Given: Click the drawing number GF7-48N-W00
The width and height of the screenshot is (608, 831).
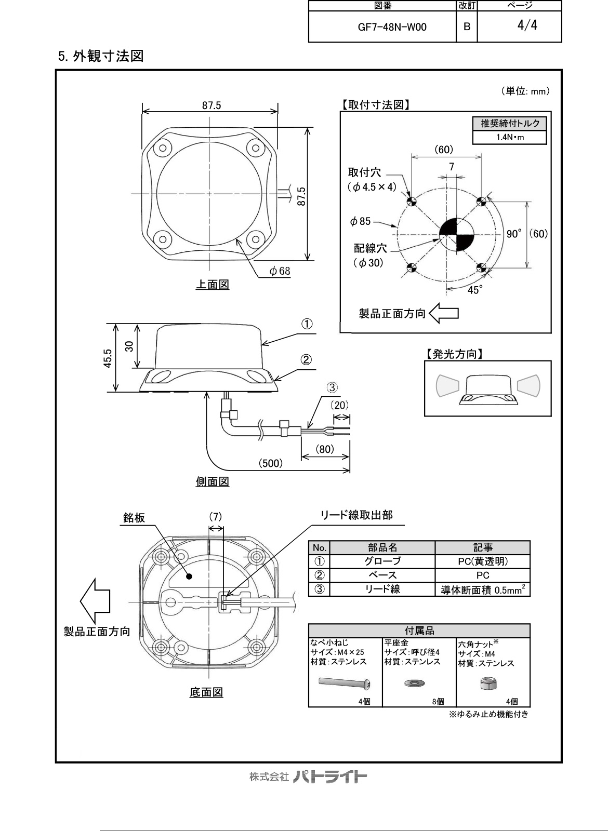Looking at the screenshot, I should pos(392,27).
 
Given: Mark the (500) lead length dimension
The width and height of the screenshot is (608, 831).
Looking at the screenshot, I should pos(271,463).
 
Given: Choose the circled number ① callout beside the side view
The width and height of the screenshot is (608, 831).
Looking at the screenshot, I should pos(307,324).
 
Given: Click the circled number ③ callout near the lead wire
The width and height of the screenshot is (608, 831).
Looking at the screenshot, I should pos(333,387).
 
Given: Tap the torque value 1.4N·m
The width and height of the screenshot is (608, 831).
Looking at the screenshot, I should pos(509,138).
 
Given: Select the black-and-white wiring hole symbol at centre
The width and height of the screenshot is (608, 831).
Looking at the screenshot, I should pos(455,234).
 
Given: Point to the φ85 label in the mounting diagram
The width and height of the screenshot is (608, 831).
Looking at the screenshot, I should pos(360,222).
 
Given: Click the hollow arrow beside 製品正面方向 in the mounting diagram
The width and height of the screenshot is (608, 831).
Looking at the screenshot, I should pos(444,313).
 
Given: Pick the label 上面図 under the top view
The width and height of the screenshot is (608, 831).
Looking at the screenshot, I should pos(212,285).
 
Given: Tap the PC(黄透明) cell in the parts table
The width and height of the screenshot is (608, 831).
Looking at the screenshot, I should pos(483,561).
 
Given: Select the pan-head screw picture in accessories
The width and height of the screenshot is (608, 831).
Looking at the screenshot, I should pos(345,682).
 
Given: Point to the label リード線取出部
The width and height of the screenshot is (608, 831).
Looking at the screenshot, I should pos(356,515).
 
